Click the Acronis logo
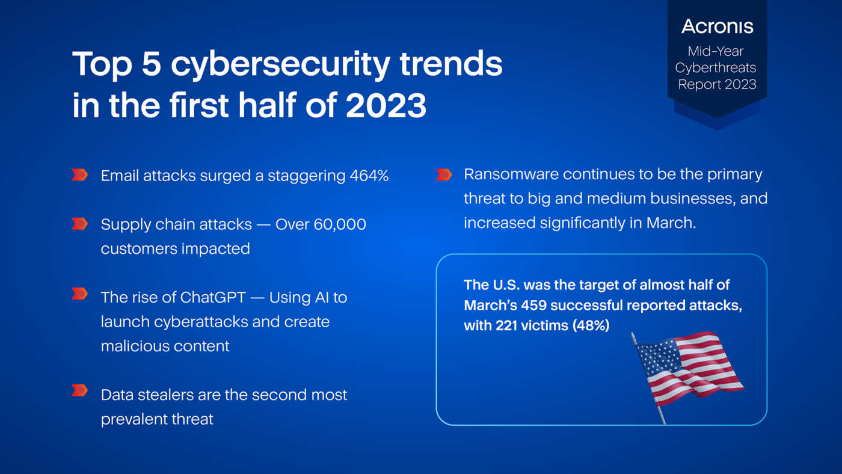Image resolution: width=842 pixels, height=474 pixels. click(x=717, y=26)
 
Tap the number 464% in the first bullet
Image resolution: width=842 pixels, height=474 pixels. click(x=369, y=176)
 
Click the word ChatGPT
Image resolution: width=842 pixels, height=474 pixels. click(x=213, y=297)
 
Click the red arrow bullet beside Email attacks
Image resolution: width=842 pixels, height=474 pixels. click(x=79, y=175)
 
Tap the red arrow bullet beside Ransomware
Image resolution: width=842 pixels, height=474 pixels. click(x=444, y=174)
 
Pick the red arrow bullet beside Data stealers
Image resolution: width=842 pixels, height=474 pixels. click(x=79, y=390)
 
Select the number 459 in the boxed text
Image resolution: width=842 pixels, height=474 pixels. click(x=534, y=305)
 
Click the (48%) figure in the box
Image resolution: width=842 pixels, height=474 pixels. click(x=591, y=325)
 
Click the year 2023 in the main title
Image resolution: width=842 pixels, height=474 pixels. click(x=386, y=105)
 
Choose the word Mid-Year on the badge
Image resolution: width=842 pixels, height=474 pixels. click(x=716, y=51)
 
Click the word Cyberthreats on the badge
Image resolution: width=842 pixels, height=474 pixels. click(x=715, y=68)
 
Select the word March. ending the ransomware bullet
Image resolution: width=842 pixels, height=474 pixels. click(x=671, y=223)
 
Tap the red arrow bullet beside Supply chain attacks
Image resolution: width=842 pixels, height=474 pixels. click(x=79, y=224)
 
